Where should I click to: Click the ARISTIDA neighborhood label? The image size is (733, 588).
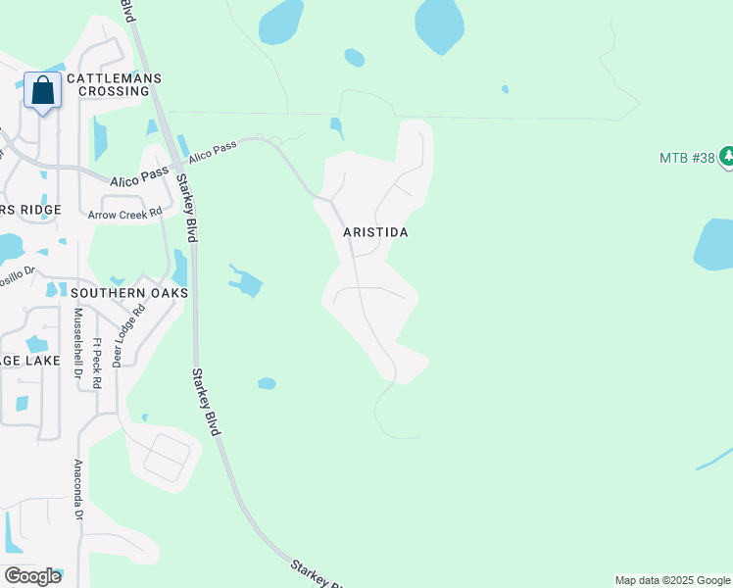tap(375, 232)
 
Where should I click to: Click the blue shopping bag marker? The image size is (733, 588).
tap(43, 91)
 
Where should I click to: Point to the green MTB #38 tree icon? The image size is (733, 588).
tap(726, 157)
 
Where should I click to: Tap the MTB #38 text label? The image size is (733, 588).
tap(686, 158)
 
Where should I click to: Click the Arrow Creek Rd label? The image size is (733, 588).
tap(124, 214)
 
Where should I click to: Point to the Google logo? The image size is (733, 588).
tap(32, 576)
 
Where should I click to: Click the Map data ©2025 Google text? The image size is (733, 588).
tap(672, 580)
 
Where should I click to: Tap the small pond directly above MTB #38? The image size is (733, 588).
tap(505, 89)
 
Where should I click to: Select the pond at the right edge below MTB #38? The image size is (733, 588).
tap(715, 245)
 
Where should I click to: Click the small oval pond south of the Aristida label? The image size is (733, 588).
tap(267, 383)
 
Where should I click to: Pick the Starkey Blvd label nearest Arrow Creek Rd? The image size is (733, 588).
tap(186, 209)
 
